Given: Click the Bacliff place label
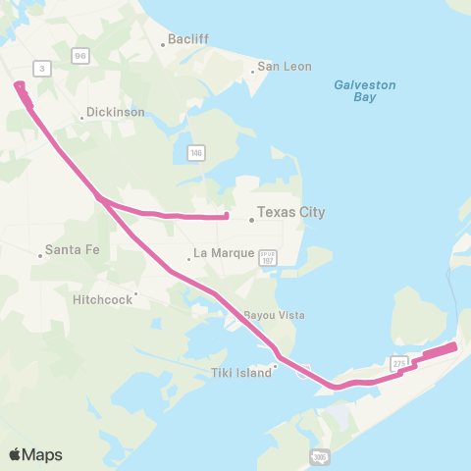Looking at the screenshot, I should [x=188, y=40].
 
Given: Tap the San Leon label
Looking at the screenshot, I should [x=284, y=67].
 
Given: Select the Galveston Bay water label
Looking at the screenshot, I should [x=364, y=91].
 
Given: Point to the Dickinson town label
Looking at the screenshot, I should [x=116, y=112].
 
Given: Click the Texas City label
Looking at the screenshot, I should [x=290, y=212].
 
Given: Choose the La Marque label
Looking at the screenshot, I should [x=225, y=253].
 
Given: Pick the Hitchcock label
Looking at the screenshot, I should [x=102, y=299].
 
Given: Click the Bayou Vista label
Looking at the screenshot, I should [x=274, y=316].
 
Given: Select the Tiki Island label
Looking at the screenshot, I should [x=240, y=373].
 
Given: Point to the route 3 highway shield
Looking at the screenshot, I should [x=41, y=68].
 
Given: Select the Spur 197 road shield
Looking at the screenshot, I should [x=268, y=257].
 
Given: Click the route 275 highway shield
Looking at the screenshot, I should [x=398, y=363].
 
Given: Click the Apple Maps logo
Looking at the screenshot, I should [x=35, y=454].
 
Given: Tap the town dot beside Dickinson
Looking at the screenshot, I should [x=81, y=119].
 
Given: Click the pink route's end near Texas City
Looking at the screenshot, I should [x=227, y=216].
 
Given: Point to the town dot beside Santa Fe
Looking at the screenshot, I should [x=40, y=255].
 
